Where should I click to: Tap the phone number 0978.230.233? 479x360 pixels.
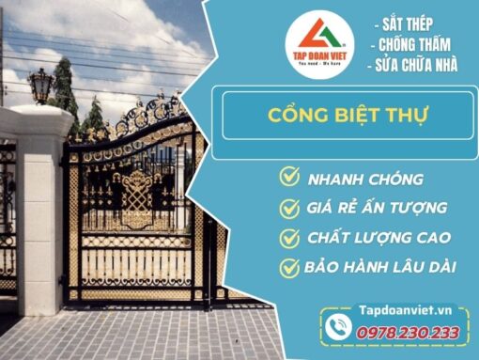coord(408,333)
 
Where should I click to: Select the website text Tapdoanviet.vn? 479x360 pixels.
coord(406,310)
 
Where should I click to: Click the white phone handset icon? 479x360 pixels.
coord(338,327)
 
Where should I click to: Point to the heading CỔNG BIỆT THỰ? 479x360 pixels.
coord(348,115)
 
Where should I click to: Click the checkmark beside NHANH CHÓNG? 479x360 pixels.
coord(289,177)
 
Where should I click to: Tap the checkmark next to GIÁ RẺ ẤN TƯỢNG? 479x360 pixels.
coord(289,209)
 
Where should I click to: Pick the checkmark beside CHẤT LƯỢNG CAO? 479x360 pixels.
coord(289,238)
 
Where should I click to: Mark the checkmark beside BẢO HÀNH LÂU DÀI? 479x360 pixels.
coord(289,267)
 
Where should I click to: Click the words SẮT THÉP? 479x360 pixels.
coord(408,24)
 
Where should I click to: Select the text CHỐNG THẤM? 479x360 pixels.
coord(414,44)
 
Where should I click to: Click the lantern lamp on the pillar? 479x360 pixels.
coord(40,86)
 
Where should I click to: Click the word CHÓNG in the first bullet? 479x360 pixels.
coord(395,179)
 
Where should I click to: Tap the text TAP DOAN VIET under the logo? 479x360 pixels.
coord(320,56)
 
